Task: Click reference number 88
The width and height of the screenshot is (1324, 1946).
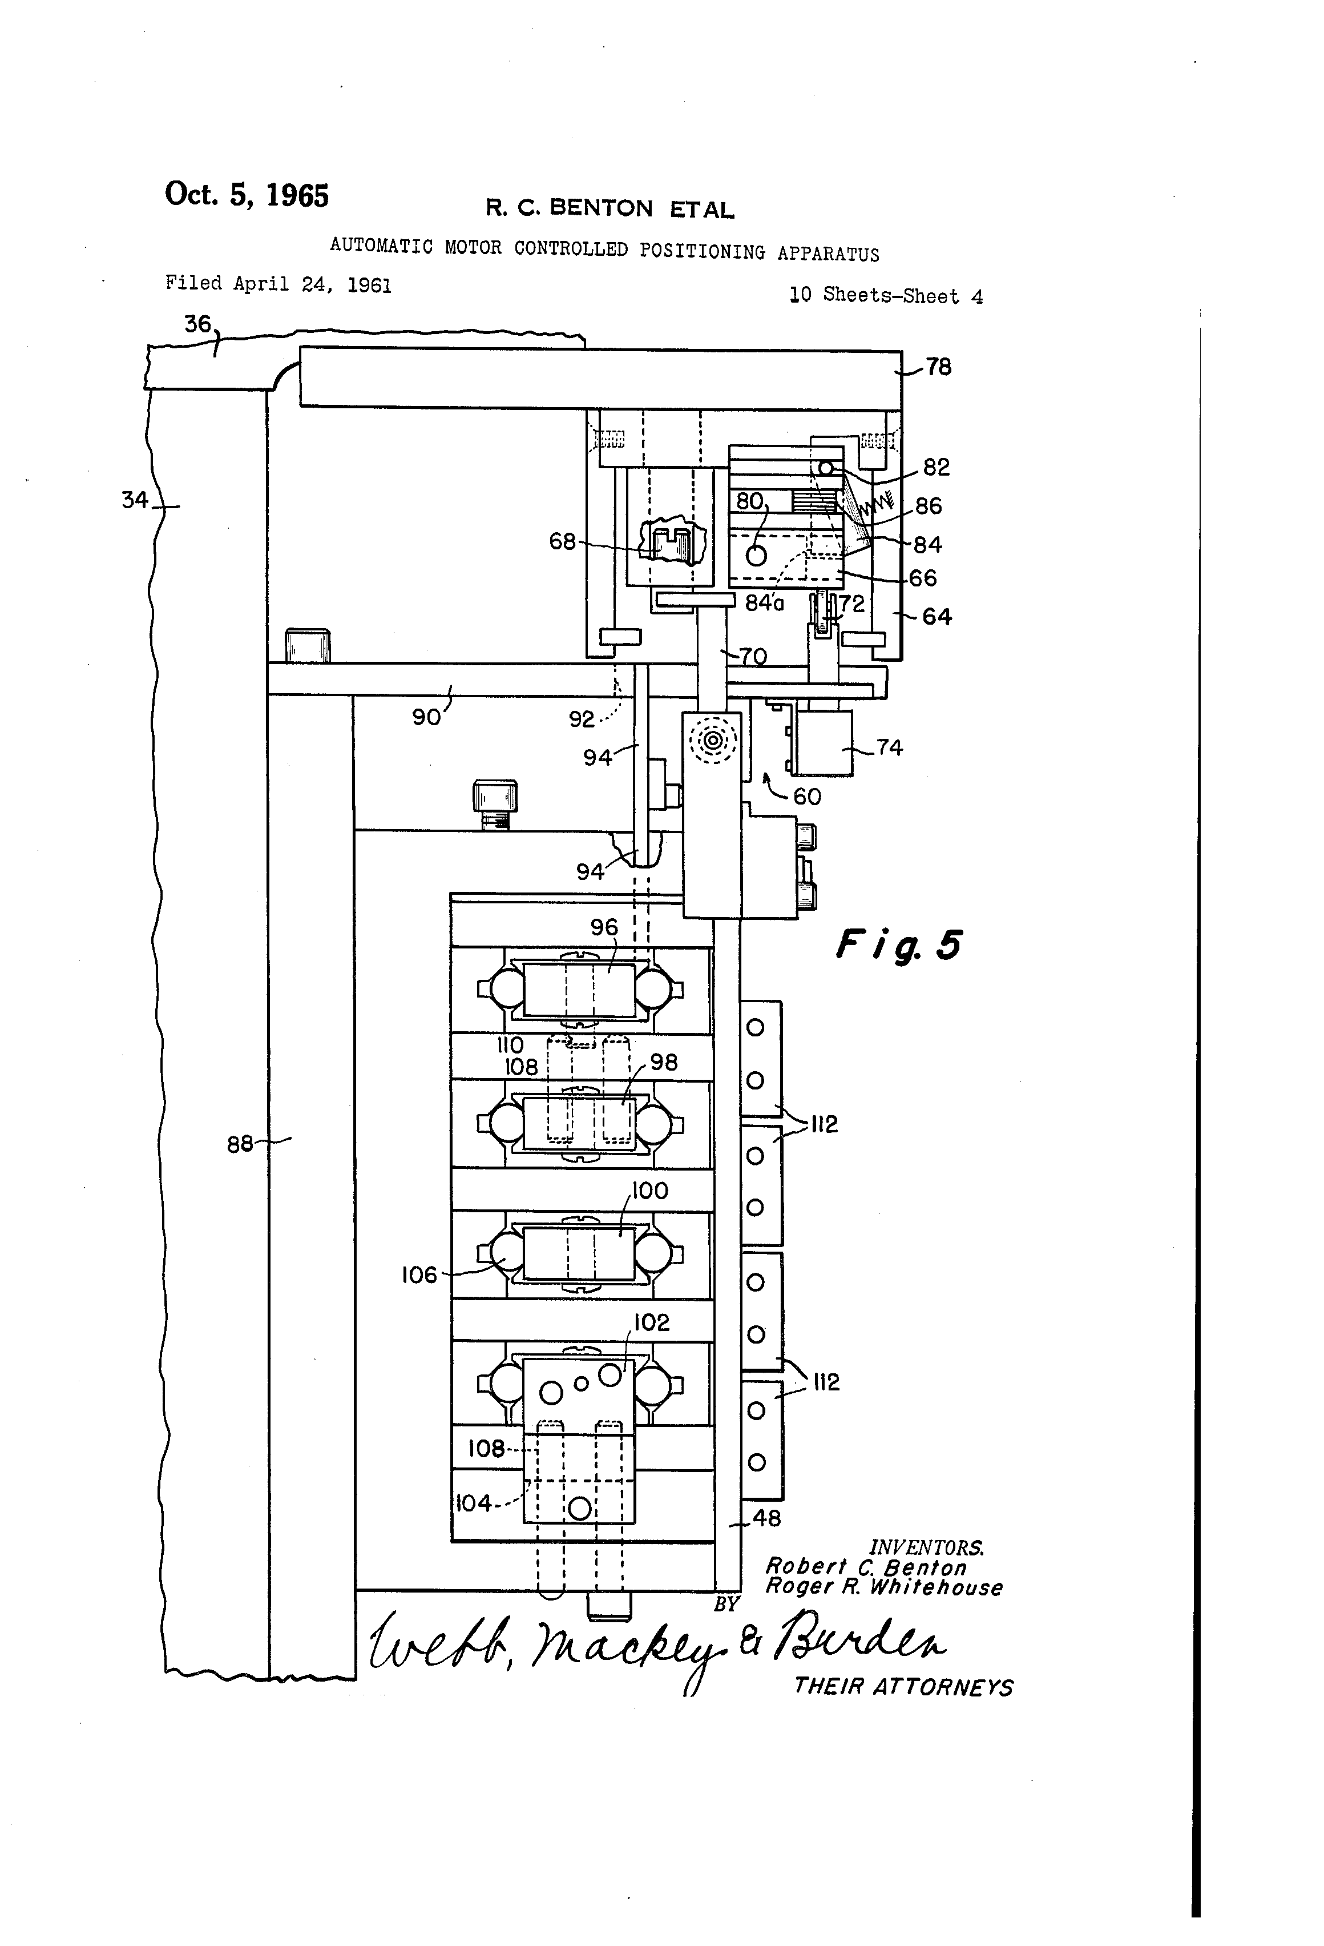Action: tap(240, 1144)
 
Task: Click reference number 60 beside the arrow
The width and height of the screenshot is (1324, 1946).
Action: tap(807, 797)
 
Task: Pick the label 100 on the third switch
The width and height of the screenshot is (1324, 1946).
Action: tap(650, 1191)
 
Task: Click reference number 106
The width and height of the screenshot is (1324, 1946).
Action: tap(419, 1275)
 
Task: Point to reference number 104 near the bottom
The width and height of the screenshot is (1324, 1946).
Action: tap(474, 1504)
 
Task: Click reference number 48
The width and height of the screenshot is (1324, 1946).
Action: tap(766, 1518)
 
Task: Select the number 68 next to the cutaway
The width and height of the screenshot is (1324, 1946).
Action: tap(562, 542)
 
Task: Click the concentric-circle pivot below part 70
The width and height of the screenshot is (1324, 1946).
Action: tap(713, 740)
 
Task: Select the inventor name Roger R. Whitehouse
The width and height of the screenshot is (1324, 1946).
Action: tap(884, 1587)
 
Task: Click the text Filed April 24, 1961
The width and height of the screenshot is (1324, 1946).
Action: tap(278, 284)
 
